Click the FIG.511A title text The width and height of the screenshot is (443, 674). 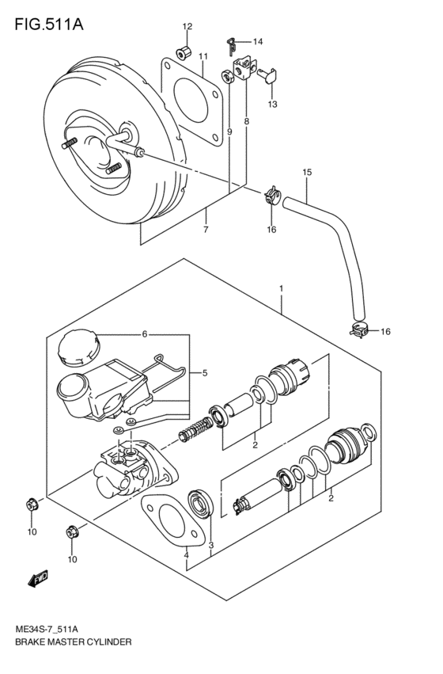point(47,24)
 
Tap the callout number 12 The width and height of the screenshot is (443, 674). point(187,27)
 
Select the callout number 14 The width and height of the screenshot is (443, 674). point(258,41)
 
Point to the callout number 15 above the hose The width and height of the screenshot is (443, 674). point(307,172)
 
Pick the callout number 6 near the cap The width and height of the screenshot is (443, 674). point(145,333)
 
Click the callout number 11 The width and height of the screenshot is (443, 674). point(203,56)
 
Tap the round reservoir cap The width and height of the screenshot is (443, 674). point(78,347)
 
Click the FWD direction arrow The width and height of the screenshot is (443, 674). point(39,581)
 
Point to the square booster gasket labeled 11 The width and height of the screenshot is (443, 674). point(190,101)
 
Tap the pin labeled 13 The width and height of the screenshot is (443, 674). point(269,76)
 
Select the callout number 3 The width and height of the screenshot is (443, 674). point(211,545)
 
